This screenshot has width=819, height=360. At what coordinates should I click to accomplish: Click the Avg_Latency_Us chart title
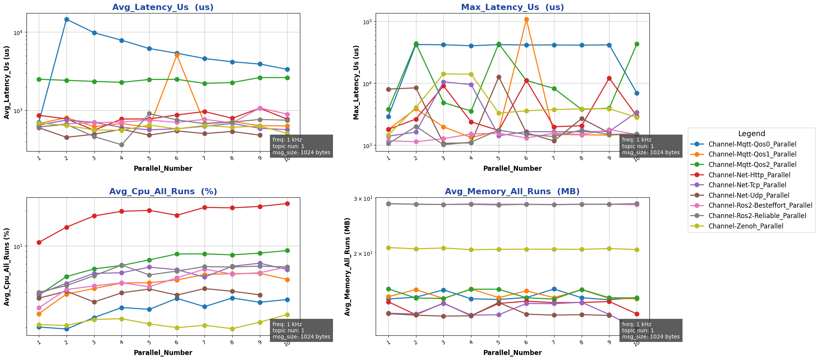(x=163, y=7)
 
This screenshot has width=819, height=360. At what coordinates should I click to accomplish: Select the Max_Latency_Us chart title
(x=512, y=7)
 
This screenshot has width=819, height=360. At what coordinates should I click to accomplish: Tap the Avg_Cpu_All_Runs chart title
(x=163, y=192)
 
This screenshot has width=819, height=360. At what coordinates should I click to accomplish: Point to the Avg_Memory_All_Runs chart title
(x=512, y=192)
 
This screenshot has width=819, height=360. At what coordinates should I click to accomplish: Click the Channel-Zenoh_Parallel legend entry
(x=746, y=226)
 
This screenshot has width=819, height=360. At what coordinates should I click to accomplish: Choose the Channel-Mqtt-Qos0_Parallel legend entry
(x=752, y=144)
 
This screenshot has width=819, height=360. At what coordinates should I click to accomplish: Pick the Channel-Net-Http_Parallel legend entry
(x=749, y=175)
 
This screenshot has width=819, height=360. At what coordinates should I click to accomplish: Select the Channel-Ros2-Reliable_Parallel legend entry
(x=757, y=216)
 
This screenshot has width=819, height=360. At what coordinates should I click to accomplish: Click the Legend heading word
(x=751, y=134)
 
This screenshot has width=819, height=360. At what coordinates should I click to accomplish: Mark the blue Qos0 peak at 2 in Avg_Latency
(x=67, y=19)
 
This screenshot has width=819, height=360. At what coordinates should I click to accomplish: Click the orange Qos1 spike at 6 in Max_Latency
(x=526, y=19)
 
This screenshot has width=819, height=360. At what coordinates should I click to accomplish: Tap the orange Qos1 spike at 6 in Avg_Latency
(x=177, y=55)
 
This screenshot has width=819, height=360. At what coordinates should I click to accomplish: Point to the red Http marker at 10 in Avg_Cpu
(x=287, y=203)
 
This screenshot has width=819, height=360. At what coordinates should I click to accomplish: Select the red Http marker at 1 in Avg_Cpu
(x=39, y=242)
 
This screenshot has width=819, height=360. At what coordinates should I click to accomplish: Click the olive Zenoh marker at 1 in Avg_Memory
(x=388, y=248)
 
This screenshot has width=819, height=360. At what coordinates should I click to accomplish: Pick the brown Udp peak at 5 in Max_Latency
(x=499, y=77)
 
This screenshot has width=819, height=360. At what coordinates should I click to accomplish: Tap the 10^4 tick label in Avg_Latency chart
(x=18, y=32)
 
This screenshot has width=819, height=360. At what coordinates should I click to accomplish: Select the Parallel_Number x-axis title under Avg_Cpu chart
(x=163, y=353)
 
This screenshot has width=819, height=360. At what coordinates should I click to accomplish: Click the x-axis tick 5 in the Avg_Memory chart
(x=498, y=342)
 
